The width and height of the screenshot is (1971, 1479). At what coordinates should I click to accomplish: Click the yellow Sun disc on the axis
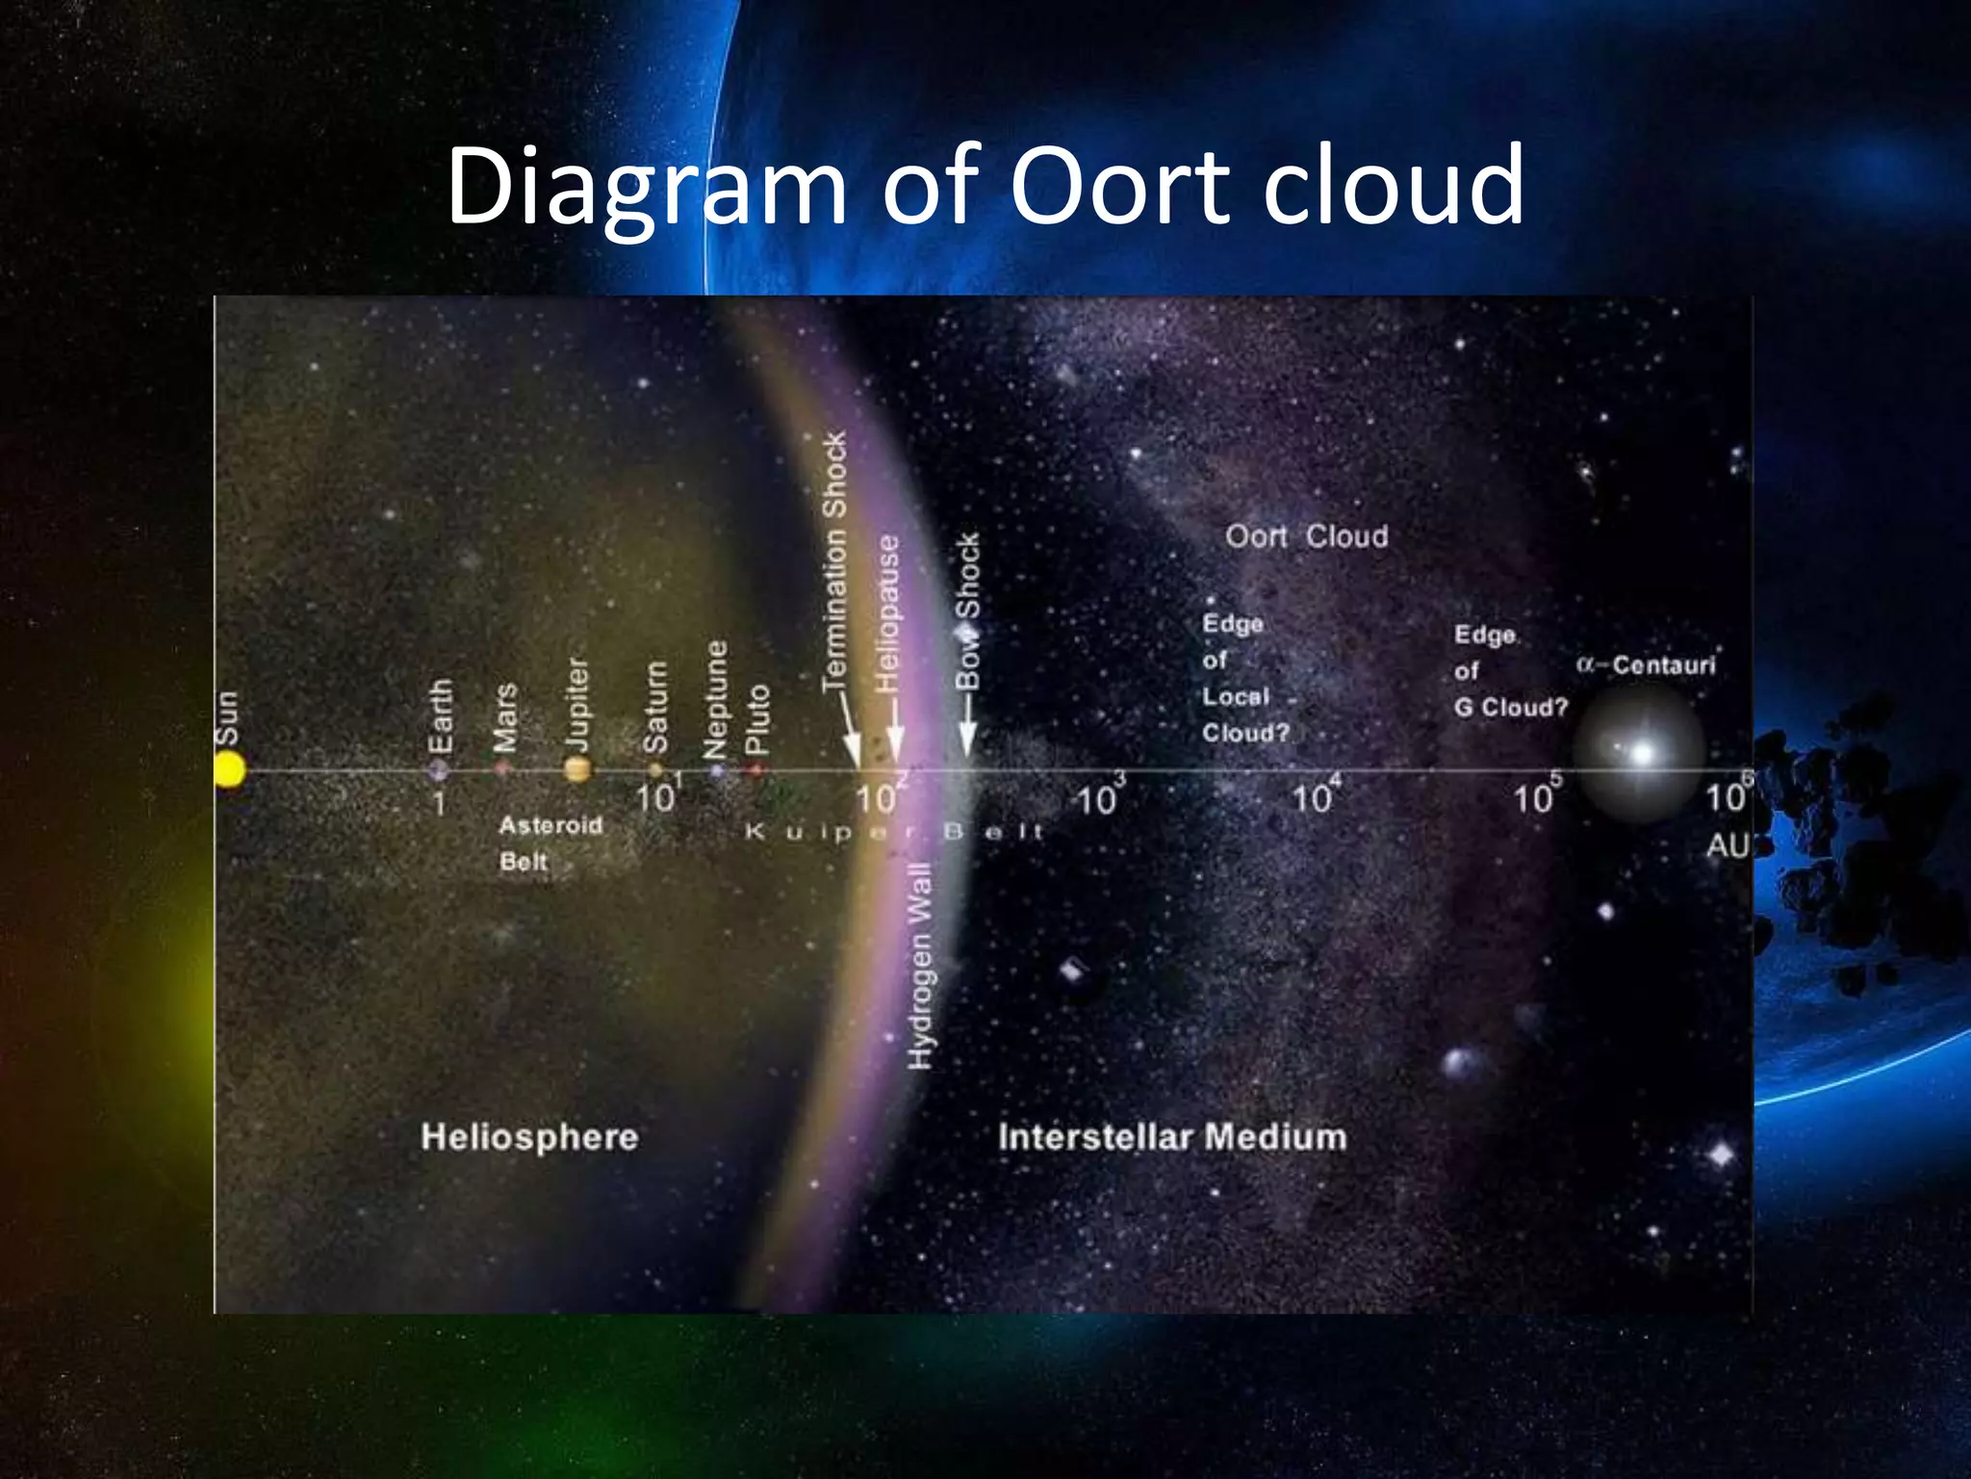tap(229, 769)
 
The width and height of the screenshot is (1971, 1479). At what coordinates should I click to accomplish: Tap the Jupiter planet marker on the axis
tap(576, 768)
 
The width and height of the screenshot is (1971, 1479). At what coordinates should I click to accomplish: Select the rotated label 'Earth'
tap(440, 716)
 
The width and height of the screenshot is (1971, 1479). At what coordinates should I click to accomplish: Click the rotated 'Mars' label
tap(505, 717)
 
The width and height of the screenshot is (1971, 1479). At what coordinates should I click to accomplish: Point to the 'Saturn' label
tap(655, 707)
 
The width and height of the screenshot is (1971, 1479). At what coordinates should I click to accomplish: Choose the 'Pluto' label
tap(758, 718)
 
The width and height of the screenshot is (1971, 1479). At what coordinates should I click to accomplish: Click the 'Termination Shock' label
tap(833, 560)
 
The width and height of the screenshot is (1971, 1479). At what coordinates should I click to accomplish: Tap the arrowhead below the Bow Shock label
tap(967, 744)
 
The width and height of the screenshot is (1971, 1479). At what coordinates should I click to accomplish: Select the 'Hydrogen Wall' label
tap(921, 966)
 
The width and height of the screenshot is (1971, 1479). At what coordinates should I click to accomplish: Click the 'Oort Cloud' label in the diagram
tap(1306, 536)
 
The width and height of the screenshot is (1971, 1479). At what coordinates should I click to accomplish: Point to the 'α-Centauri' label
tap(1646, 665)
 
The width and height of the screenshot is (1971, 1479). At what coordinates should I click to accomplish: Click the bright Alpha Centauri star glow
tap(1642, 752)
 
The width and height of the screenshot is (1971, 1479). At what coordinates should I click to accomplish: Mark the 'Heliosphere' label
tap(529, 1137)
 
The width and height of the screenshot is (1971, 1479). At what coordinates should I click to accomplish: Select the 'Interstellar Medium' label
tap(1172, 1137)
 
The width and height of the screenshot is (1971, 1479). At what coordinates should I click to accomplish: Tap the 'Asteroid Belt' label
tap(550, 843)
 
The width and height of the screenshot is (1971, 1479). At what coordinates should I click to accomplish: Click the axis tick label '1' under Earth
tap(439, 803)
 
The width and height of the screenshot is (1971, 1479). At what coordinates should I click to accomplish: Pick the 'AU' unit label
tap(1727, 845)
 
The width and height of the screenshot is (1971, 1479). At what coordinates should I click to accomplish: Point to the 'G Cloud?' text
tap(1510, 708)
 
